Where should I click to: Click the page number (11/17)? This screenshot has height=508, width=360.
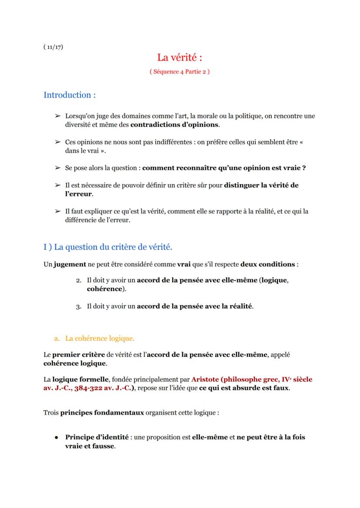[53, 47]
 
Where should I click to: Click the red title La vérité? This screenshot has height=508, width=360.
[180, 57]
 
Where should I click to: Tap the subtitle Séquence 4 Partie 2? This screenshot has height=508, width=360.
[180, 72]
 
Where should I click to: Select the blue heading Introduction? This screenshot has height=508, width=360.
[70, 95]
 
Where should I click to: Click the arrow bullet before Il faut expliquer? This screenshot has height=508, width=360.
[57, 211]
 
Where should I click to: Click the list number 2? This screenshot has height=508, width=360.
[79, 280]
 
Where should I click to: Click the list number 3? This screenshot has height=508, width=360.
[79, 306]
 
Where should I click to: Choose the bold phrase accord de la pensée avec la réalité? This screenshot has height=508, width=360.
[194, 306]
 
